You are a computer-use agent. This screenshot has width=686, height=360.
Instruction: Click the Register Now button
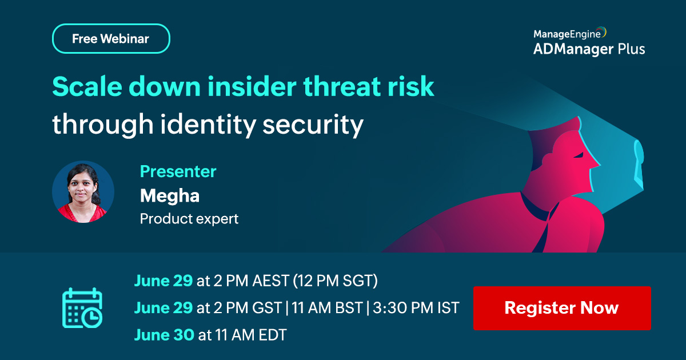562,308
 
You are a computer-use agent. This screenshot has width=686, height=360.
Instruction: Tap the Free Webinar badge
111,39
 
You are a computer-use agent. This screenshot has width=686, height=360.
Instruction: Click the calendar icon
82,307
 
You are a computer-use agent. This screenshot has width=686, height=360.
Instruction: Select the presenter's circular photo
83,191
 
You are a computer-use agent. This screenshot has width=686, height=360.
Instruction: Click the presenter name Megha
170,196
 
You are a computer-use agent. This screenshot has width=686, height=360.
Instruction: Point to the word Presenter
178,171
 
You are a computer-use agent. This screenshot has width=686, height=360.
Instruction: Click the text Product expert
189,218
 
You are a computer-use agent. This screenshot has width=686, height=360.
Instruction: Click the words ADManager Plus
589,49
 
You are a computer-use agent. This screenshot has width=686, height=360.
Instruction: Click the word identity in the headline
208,125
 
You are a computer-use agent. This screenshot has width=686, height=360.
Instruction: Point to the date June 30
164,335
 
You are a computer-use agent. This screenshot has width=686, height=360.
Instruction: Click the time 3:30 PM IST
416,307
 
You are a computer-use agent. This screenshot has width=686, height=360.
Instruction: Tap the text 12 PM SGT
336,281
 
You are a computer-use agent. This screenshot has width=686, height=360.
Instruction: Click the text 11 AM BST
327,307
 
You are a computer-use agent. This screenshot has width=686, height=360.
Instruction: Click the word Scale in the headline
87,86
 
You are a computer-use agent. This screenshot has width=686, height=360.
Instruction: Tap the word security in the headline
313,125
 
